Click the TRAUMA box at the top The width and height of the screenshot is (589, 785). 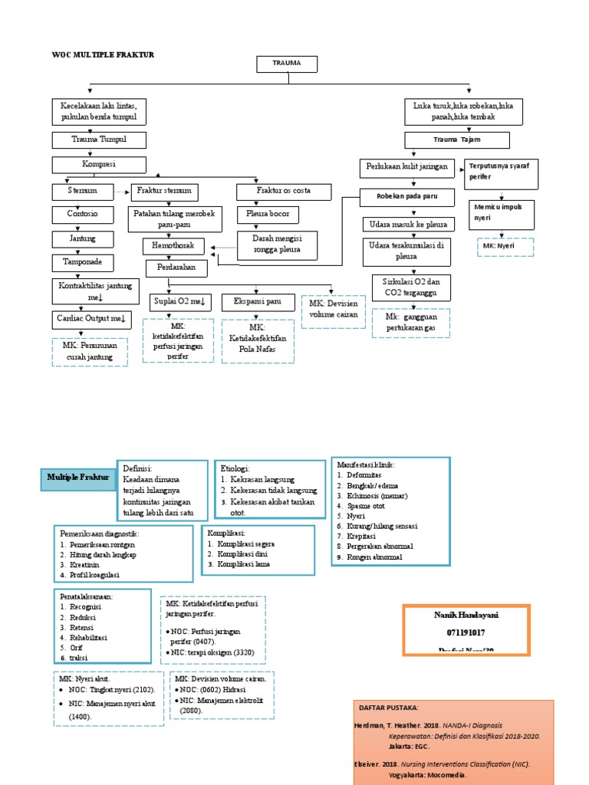coord(288,64)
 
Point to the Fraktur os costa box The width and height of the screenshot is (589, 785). coord(273,190)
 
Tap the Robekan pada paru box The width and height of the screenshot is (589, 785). coord(406,196)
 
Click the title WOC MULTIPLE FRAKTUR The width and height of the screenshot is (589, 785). coord(103,54)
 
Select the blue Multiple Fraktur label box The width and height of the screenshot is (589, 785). coord(78,477)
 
